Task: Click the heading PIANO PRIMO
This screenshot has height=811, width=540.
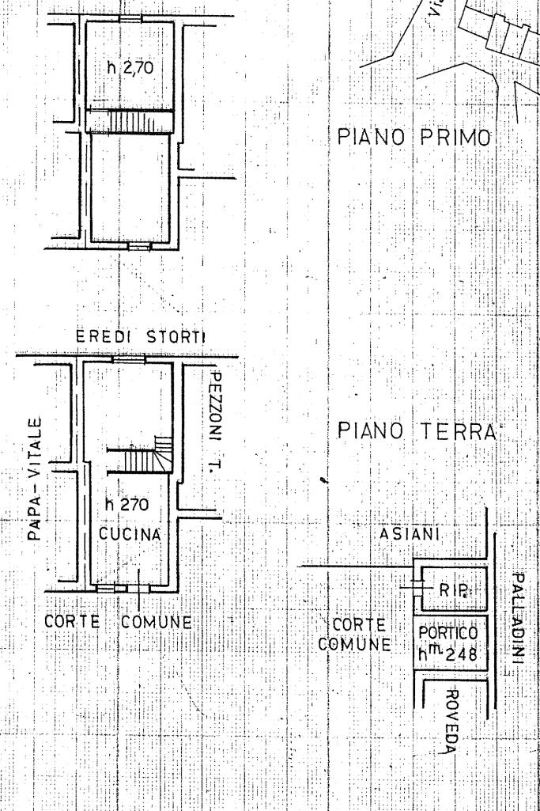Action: [x=414, y=135]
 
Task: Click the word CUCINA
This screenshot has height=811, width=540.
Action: [x=130, y=534]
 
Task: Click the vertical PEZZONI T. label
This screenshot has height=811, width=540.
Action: [x=215, y=417]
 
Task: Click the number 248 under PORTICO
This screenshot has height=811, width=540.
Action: [x=463, y=654]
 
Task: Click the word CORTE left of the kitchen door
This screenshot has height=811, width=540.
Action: [x=70, y=622]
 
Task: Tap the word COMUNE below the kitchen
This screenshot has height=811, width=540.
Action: [x=157, y=622]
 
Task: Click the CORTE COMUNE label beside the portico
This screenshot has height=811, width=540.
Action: [x=355, y=634]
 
